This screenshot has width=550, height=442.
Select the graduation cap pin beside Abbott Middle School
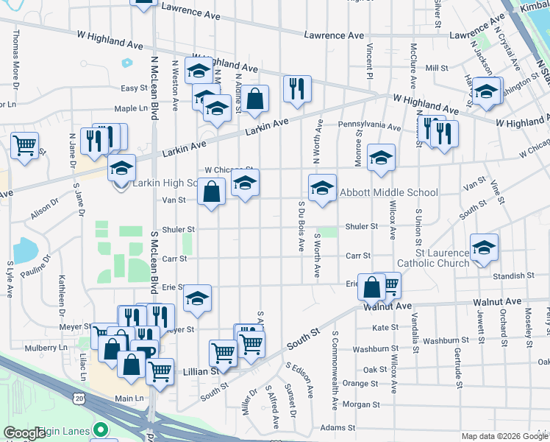point(322,189)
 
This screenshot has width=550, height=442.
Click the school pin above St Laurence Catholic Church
point(484,248)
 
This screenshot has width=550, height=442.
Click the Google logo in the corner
point(25,433)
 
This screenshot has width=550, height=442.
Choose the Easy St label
point(135,88)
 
